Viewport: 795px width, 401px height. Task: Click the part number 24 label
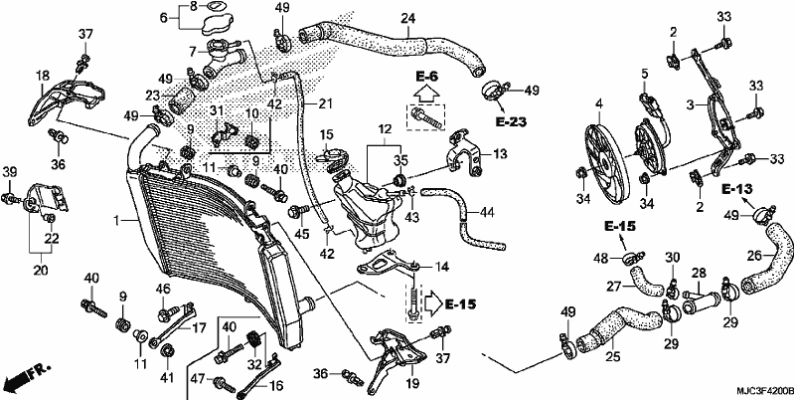pos(407,19)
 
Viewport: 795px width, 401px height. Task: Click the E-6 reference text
pos(426,77)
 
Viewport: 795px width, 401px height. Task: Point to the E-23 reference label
pos(511,122)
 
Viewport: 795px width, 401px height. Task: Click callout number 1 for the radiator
pos(117,221)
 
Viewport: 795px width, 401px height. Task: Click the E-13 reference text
pos(736,189)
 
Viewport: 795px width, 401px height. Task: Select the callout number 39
pos(10,172)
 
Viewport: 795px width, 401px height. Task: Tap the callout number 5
pos(644,74)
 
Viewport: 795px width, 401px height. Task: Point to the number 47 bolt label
pos(199,379)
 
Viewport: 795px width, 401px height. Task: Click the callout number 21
pos(325,104)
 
